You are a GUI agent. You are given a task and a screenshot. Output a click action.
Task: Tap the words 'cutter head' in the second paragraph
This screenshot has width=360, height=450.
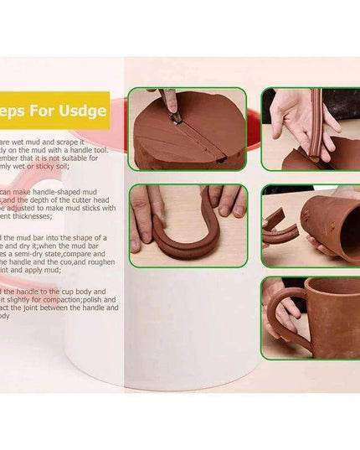[x=97, y=199]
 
